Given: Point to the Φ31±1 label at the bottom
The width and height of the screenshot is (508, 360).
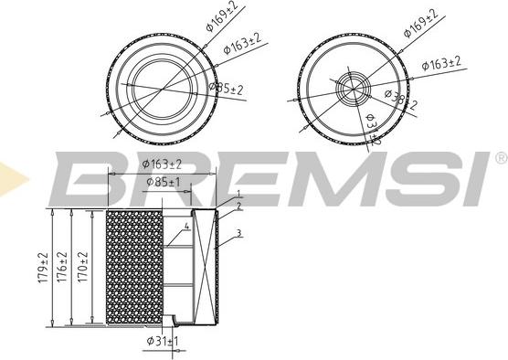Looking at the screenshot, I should coord(163,341).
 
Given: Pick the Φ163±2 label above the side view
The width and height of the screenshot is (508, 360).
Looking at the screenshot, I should coord(163,164).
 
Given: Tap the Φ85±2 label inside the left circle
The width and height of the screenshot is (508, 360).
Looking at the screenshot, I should coord(226,89).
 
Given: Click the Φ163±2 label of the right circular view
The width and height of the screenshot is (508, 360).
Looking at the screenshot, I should coord(441,65).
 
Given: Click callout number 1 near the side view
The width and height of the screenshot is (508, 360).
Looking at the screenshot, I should coord(238,194).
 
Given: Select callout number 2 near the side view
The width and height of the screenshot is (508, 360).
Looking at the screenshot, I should coord(238,206).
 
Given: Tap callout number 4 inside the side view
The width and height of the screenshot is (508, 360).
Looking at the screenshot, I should coord(186,227).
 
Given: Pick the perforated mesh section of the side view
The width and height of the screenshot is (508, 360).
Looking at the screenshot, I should coord(134,267).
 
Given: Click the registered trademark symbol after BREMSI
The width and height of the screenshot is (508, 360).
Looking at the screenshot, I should coord(500,158).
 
